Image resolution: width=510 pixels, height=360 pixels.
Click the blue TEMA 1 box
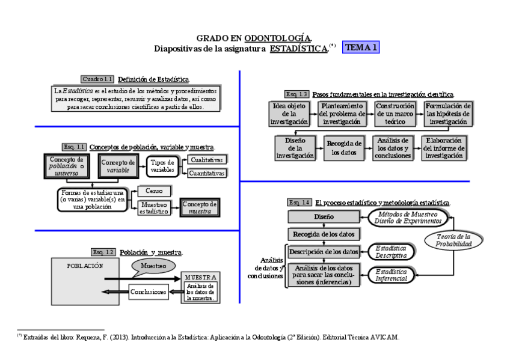(361, 47)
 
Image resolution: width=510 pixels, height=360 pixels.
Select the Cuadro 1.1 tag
(97, 79)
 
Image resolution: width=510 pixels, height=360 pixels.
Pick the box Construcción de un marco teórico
(395, 114)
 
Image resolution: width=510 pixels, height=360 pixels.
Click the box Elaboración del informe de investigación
(444, 148)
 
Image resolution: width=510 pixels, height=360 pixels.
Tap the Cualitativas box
(206, 160)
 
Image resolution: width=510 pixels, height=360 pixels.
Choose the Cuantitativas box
(206, 173)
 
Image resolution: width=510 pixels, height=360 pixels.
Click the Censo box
(154, 191)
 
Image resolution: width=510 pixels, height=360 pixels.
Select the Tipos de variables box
(162, 166)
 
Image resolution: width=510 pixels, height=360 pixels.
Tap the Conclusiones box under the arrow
(149, 292)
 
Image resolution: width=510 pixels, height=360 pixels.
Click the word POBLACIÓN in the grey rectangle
(85, 265)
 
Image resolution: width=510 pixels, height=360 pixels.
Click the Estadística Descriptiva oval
(391, 252)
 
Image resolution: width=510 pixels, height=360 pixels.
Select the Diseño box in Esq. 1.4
(323, 216)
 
